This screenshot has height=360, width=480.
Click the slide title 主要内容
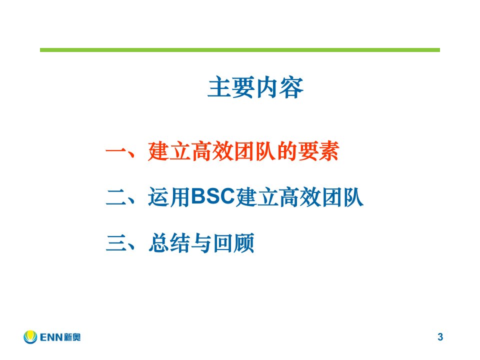255,87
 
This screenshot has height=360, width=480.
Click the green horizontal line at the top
240,50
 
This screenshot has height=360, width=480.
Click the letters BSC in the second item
213,196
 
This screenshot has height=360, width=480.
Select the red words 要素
318,151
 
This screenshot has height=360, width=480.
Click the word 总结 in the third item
169,243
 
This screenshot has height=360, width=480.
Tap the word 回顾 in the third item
234,243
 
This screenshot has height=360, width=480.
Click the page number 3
440,336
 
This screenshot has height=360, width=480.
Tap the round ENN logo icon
30,336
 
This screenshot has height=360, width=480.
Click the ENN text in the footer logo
51,337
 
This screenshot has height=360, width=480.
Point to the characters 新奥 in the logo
72,337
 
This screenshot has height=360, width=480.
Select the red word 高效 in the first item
213,151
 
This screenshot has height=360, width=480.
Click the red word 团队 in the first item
255,151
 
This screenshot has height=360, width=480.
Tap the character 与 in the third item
201,243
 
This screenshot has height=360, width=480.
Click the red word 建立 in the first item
169,151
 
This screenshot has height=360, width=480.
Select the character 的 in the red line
287,151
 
